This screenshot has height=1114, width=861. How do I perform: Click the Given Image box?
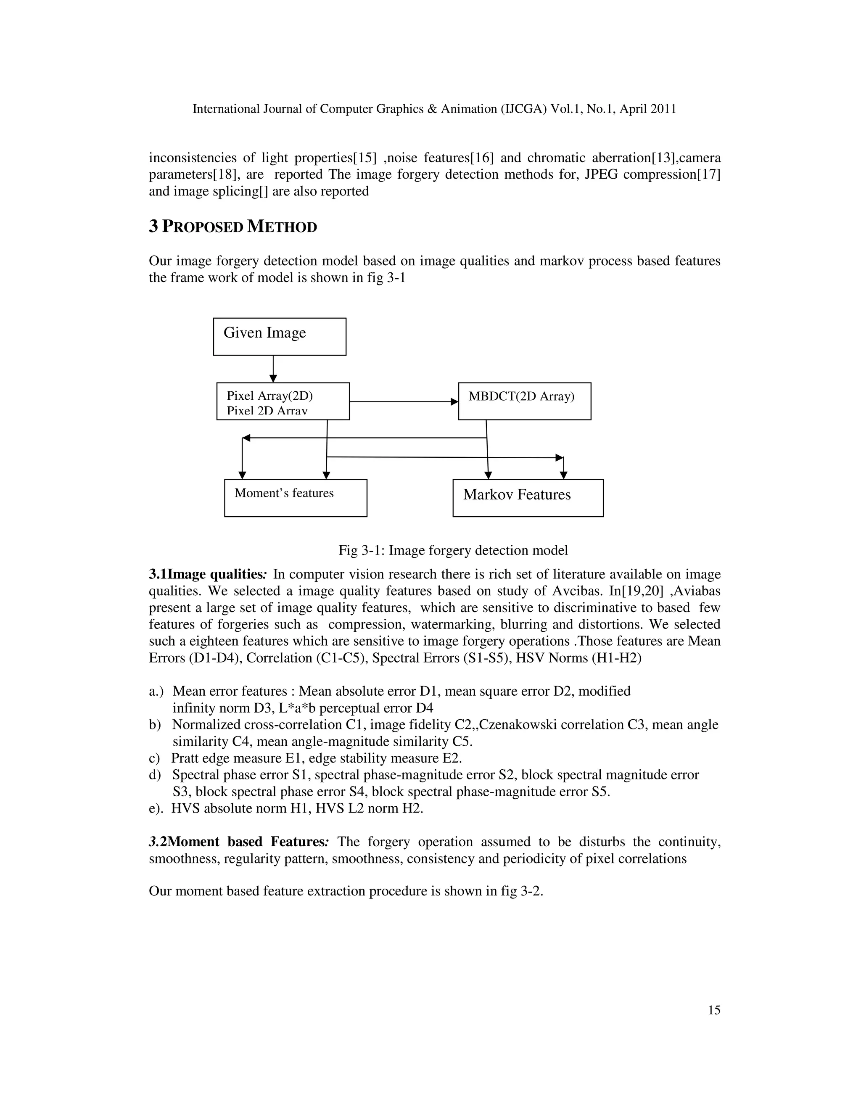pyautogui.click(x=280, y=337)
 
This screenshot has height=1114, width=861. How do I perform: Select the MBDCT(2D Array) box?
pyautogui.click(x=524, y=401)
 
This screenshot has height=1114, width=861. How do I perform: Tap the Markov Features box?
pyautogui.click(x=528, y=498)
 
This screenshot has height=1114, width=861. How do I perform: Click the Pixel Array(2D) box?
pyautogui.click(x=283, y=401)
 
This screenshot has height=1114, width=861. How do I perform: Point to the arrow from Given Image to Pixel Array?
pyautogui.click(x=273, y=368)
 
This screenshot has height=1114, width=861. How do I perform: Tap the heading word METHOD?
pyautogui.click(x=282, y=227)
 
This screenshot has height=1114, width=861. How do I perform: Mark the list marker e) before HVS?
pyautogui.click(x=155, y=808)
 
